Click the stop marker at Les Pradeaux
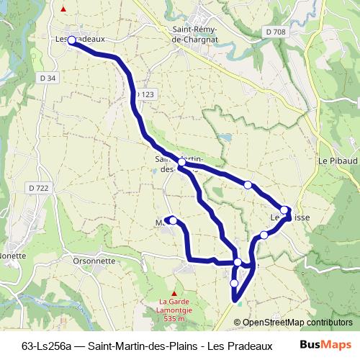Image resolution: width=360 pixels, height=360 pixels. (x=72, y=41)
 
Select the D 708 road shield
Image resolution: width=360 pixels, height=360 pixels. (x=274, y=32)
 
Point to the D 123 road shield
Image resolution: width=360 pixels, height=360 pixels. (x=144, y=94)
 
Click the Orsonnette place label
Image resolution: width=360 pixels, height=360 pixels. (x=94, y=261)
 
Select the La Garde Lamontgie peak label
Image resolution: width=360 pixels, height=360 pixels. (x=173, y=305)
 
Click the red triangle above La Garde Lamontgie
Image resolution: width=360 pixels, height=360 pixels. (x=174, y=292)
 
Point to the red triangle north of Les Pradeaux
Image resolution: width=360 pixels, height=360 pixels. (x=64, y=9)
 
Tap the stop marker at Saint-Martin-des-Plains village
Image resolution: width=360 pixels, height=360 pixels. (x=182, y=164)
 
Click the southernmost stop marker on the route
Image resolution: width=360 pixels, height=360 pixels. (x=234, y=284)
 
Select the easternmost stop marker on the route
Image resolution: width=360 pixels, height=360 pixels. (x=284, y=210)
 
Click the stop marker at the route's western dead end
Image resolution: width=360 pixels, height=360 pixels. (x=173, y=220)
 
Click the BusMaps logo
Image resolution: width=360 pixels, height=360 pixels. (x=324, y=345)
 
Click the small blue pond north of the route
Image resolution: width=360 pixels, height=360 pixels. (x=225, y=136)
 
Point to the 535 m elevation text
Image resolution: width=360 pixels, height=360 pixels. (x=174, y=318)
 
